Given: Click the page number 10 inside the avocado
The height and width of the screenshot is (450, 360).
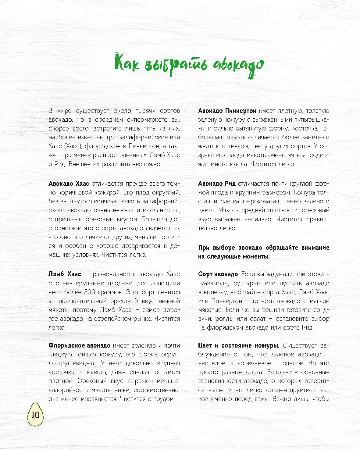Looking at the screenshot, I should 35,415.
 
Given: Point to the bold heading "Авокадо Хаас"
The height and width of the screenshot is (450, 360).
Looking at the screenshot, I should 69,184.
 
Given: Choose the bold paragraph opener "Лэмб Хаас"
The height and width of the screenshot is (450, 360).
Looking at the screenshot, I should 65,274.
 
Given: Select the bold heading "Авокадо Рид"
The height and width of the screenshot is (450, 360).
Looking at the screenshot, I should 216,184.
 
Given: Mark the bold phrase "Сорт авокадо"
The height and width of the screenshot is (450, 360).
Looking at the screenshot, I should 218,274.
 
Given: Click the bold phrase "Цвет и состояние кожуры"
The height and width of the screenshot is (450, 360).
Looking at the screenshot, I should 238,346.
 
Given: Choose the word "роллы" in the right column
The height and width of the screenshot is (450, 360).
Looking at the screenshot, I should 226,319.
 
